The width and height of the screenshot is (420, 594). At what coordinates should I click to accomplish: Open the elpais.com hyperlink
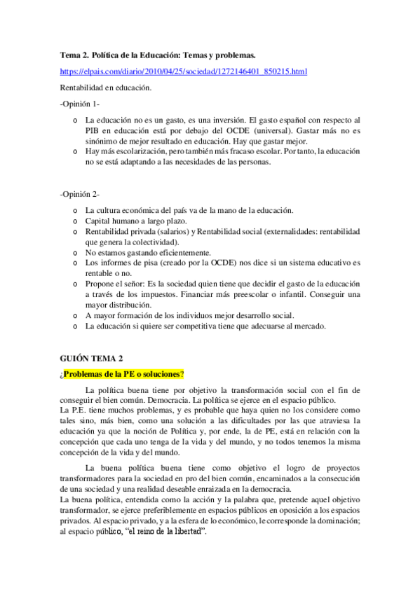pos(183,71)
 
